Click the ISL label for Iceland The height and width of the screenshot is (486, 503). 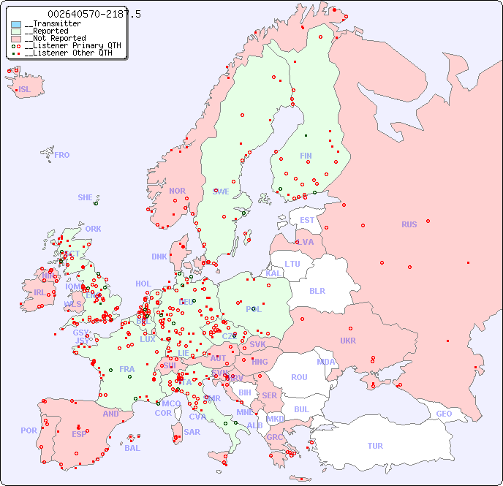tap(25, 90)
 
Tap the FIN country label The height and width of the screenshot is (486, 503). tap(306, 156)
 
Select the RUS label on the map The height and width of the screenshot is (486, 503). tap(409, 224)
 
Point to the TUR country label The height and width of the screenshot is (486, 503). tap(375, 446)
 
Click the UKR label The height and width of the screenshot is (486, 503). tap(348, 341)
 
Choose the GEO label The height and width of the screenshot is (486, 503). tap(444, 414)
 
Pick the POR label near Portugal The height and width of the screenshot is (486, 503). tap(29, 430)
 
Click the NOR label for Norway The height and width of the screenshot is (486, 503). tap(177, 191)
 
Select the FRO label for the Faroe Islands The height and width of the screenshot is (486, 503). tap(62, 155)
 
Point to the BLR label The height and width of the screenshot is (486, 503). tap(317, 290)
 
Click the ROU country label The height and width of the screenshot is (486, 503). tap(299, 377)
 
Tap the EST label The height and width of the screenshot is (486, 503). tap(307, 220)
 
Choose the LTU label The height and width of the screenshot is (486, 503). tap(292, 264)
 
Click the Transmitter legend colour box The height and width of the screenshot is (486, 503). tap(16, 24)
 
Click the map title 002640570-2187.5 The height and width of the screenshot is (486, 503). tap(94, 14)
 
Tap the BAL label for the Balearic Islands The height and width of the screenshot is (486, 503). tap(132, 448)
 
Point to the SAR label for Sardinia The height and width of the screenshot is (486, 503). tap(192, 432)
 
